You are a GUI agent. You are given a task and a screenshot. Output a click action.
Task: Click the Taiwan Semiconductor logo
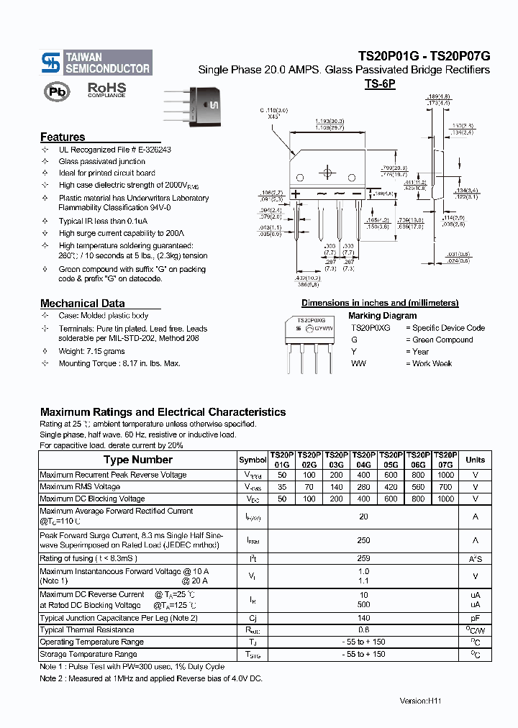pyautogui.click(x=96, y=63)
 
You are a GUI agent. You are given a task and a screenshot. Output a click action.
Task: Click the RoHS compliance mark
pyautogui.click(x=106, y=89)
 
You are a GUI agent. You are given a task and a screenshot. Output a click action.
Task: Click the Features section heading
pyautogui.click(x=63, y=137)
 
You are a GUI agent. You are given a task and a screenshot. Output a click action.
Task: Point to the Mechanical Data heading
pyautogui.click(x=82, y=303)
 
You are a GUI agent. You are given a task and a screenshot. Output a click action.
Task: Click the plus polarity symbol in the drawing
pyautogui.click(x=295, y=194)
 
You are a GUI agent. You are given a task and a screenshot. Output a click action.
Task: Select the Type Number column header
pyautogui.click(x=137, y=460)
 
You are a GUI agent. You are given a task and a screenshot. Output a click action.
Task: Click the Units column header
pyautogui.click(x=475, y=460)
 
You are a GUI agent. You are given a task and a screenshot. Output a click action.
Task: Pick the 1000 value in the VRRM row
pyautogui.click(x=445, y=475)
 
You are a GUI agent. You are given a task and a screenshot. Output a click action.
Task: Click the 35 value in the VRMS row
pyautogui.click(x=281, y=487)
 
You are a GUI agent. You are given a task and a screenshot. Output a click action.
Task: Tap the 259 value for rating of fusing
pyautogui.click(x=363, y=558)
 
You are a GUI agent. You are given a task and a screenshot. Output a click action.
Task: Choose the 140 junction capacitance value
pyautogui.click(x=363, y=618)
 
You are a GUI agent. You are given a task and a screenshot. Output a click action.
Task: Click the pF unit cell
pyautogui.click(x=475, y=618)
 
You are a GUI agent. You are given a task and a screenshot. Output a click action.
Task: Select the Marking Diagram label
pyautogui.click(x=382, y=315)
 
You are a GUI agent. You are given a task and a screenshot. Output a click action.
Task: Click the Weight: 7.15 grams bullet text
pyautogui.click(x=91, y=351)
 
